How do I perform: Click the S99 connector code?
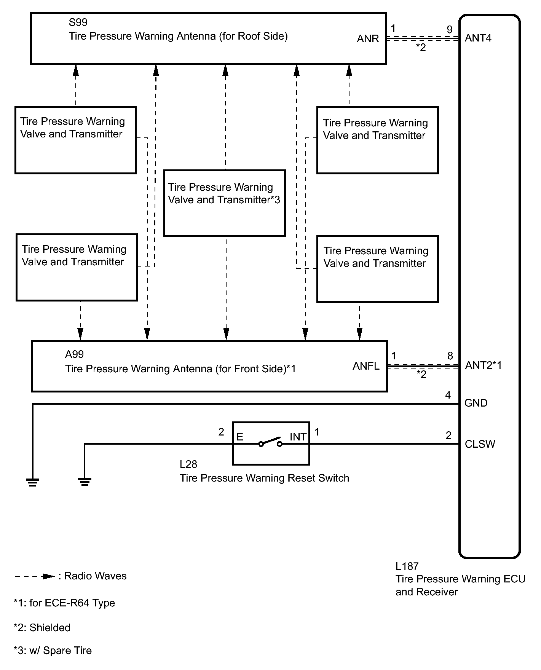coord(78,22)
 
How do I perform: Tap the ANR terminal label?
coord(368,39)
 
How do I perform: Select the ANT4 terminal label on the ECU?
coord(478,38)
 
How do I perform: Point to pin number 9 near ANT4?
coord(450,29)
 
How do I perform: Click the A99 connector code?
coord(74,354)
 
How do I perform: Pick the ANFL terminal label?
coord(366,366)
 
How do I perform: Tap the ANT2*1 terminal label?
coord(484,365)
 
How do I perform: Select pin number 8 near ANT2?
coord(450,356)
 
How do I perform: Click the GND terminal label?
coord(476,403)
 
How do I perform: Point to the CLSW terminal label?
coord(480,444)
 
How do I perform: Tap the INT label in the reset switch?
coord(298,437)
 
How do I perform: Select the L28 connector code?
coord(188,464)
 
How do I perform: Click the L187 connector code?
coord(407,566)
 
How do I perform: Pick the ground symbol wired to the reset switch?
coord(85,482)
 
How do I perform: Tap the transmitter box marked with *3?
coord(225,203)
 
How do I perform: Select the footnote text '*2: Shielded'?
coord(42,628)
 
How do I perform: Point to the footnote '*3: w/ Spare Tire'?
coord(53,651)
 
